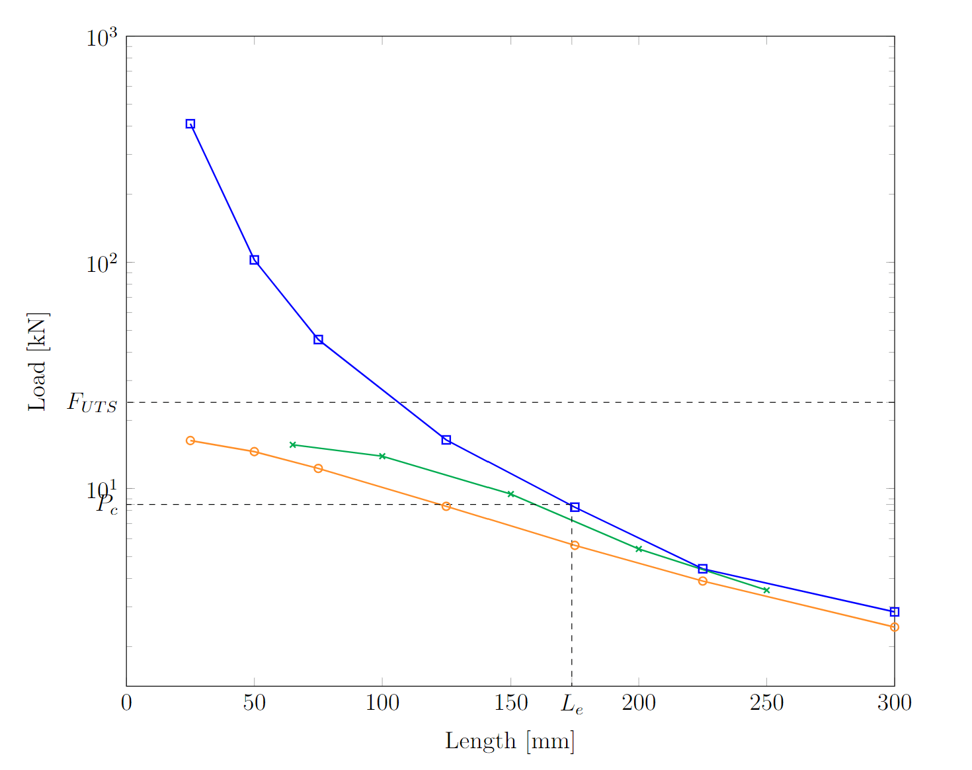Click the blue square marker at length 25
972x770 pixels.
tap(190, 124)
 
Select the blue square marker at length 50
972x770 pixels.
tap(254, 260)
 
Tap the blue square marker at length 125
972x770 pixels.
tap(446, 440)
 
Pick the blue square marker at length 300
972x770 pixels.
tap(895, 612)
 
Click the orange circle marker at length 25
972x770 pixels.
tap(190, 441)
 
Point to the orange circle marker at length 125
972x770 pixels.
tap(446, 506)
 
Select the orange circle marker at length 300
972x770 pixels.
tap(895, 627)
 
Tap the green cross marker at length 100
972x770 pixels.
tap(382, 456)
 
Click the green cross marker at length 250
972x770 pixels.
tap(766, 590)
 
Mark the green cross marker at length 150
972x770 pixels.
tap(510, 494)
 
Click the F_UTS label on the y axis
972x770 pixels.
tap(92, 402)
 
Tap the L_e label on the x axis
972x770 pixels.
tap(572, 704)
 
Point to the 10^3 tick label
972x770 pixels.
tap(101, 38)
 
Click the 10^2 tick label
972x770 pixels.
tap(101, 264)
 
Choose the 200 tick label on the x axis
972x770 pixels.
tap(639, 703)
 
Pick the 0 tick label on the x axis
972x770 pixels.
tap(126, 703)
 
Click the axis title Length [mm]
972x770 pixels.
tap(510, 742)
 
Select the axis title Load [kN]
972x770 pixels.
tap(38, 361)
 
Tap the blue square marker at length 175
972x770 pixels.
tap(575, 507)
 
